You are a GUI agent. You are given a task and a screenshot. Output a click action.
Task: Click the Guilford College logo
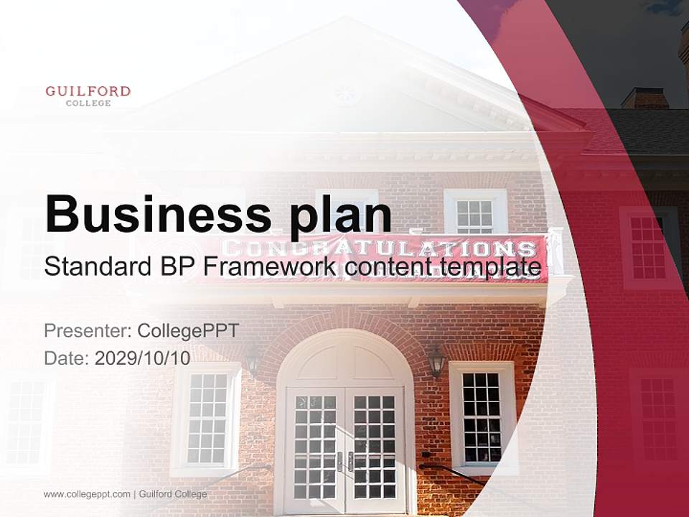coord(88,96)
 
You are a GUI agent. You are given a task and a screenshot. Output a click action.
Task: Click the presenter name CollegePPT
coord(188,331)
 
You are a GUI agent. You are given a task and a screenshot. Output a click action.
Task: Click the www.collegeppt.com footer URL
coord(87,494)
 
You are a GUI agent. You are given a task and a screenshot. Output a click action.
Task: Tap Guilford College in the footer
coord(173,494)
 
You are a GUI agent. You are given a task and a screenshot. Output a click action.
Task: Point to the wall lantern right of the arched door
coord(436,361)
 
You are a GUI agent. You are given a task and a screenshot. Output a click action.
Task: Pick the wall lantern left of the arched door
coord(253,361)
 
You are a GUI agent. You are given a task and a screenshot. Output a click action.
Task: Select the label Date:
coord(67,358)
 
